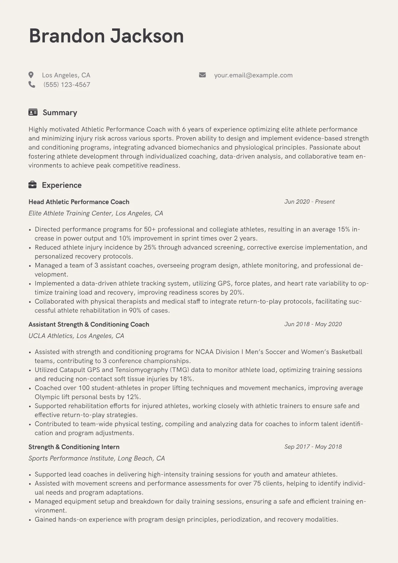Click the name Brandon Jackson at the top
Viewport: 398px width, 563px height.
point(106,36)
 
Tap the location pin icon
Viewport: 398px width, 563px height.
point(31,75)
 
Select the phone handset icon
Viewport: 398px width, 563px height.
point(32,85)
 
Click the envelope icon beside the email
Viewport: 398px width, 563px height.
point(202,75)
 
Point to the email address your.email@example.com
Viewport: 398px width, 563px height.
point(253,75)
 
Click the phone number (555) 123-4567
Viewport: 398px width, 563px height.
point(67,85)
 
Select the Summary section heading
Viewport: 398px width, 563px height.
point(60,113)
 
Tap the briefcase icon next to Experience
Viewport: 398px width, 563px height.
point(32,185)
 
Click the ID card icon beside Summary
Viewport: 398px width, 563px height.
point(33,112)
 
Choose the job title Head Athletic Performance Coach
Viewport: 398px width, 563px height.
point(79,202)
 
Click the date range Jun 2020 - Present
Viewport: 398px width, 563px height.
point(309,202)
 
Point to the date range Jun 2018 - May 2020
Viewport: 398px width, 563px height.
point(313,324)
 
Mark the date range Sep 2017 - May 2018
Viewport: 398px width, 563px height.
point(313,447)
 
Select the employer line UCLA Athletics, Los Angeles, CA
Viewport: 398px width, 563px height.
point(76,336)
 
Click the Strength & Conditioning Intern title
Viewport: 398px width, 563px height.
point(74,447)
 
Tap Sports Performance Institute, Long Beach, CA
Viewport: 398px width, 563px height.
point(97,458)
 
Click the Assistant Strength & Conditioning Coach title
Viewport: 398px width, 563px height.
point(89,324)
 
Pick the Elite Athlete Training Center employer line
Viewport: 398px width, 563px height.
point(96,213)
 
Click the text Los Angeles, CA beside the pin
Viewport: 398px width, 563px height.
point(66,75)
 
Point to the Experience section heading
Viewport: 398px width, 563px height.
point(62,185)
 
